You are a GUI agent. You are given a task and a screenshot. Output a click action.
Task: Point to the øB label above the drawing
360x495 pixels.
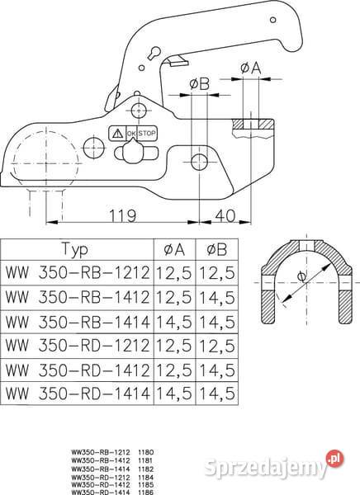point(198,83)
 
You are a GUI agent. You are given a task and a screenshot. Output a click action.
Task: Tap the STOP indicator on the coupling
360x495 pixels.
point(147,132)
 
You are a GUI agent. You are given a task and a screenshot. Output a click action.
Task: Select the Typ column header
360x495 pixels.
point(77,249)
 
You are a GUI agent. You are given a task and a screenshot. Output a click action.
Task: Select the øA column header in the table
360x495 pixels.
point(174,249)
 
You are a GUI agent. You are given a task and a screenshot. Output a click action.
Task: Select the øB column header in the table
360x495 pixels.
point(217,249)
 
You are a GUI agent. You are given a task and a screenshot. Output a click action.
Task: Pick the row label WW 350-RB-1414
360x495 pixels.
point(77,319)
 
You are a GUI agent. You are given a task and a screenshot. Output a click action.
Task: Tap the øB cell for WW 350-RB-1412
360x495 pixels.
point(217,295)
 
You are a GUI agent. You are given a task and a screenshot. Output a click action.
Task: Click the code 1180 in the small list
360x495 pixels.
point(149,453)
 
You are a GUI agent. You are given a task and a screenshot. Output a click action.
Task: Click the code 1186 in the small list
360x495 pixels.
point(149,491)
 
